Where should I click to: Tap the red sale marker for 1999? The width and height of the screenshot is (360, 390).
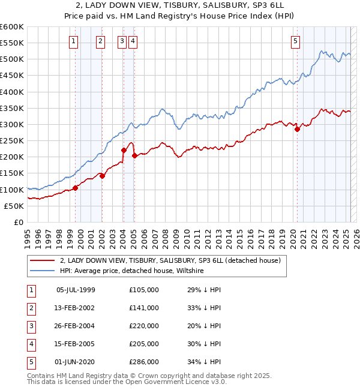coord(76,188)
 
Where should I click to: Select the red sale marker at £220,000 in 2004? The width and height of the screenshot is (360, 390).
coord(124,151)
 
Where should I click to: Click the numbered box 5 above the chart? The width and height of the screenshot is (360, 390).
coord(296,41)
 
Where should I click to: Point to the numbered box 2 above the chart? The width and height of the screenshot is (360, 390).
coord(100,41)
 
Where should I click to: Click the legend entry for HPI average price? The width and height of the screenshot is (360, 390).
coord(132,271)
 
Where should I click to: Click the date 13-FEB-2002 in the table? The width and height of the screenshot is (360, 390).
coord(76,308)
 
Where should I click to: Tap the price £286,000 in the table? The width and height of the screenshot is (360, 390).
coord(144,362)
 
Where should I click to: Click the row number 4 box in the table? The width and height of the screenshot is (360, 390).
coord(31,344)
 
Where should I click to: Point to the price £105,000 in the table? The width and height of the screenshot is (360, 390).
coord(144,290)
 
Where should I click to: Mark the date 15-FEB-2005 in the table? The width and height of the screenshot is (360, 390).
coord(76,344)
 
